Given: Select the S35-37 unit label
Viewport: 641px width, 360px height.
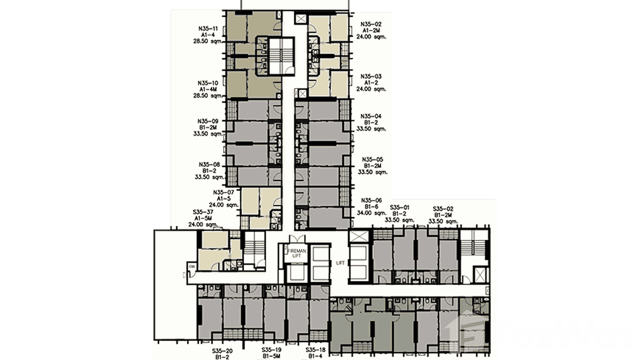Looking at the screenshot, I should (x=203, y=212).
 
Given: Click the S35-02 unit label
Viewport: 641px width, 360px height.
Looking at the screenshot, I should (x=443, y=209).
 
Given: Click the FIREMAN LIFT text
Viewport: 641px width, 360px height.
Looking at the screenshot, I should (x=297, y=253).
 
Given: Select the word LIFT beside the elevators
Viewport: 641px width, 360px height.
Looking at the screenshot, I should (x=340, y=263).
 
